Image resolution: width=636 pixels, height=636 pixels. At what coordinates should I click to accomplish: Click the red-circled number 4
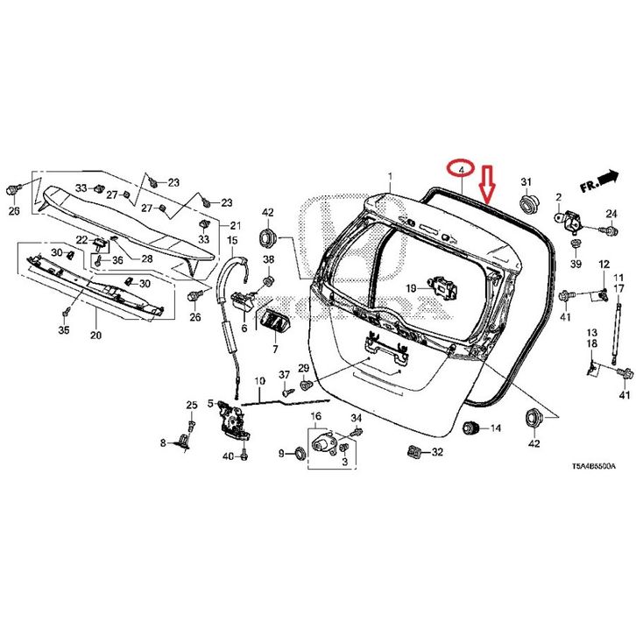point(461,167)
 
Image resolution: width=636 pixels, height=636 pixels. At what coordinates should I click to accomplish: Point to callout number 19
point(411,288)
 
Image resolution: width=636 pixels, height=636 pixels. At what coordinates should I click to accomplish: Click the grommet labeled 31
point(527,205)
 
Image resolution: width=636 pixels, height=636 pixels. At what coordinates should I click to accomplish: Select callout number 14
point(495,428)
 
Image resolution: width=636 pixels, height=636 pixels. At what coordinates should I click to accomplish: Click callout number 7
point(273,349)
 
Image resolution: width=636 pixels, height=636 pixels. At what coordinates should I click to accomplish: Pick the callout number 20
point(95,336)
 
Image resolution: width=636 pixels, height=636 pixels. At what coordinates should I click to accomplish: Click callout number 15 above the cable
point(232,240)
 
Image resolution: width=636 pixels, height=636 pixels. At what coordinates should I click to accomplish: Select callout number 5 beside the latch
point(210,404)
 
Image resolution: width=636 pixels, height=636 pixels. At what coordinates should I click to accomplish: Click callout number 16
point(315,416)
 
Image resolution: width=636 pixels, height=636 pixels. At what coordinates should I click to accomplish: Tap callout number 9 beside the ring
point(282,453)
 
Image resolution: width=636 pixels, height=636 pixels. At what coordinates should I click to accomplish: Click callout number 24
point(611,213)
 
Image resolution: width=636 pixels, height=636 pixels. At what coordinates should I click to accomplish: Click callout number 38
point(268,260)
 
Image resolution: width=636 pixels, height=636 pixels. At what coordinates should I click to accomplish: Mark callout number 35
point(63,330)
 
